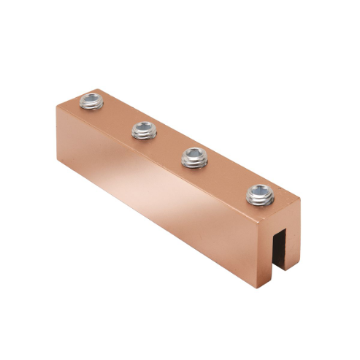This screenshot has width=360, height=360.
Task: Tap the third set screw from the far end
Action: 193,157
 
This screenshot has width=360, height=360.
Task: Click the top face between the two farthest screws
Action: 117,115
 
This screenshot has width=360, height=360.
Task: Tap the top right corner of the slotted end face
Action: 301,196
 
